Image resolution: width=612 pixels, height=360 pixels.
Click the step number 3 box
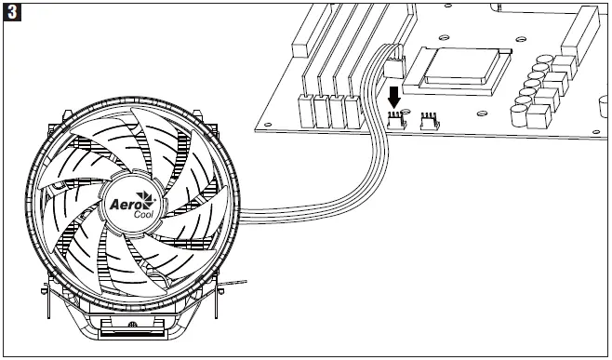tap(12, 13)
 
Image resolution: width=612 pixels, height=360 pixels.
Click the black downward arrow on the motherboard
tap(394, 97)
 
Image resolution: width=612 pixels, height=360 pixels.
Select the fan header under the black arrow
tap(396, 121)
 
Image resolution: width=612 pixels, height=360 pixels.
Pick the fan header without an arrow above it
tap(429, 121)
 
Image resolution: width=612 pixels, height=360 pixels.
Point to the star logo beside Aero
tap(147, 199)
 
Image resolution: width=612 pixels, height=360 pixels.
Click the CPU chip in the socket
tap(459, 64)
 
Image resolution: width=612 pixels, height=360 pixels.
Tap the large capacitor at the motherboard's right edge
tap(538, 115)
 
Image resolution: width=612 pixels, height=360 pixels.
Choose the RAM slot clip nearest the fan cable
tap(353, 112)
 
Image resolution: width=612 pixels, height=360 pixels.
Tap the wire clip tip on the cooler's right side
tap(244, 282)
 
